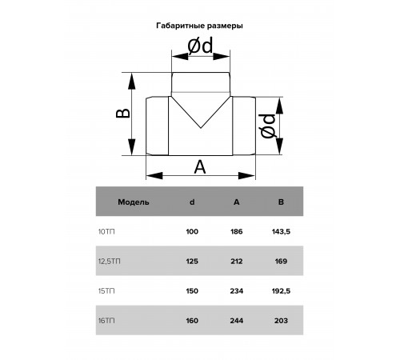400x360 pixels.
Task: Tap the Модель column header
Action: (134, 202)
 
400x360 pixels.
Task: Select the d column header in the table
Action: (192, 202)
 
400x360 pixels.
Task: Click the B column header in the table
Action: (281, 202)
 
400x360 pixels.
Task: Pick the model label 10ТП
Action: (106, 231)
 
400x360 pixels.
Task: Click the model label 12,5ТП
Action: (110, 262)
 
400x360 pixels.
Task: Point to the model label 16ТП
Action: (106, 321)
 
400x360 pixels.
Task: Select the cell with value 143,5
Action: (281, 232)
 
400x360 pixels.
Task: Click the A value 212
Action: (237, 262)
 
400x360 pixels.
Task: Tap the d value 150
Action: (192, 291)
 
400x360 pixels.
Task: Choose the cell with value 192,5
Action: (281, 291)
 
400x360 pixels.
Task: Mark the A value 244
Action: (237, 321)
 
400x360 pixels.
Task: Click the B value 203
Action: (281, 321)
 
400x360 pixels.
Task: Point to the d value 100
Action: (192, 231)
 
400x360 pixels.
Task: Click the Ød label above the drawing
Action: (200, 46)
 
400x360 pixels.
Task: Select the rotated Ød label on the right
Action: (267, 126)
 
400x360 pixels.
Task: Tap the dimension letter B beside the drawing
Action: (123, 114)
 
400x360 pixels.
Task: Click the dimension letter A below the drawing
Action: (200, 167)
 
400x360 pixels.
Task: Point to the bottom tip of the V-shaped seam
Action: (201, 128)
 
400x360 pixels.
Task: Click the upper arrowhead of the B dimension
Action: (132, 82)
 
